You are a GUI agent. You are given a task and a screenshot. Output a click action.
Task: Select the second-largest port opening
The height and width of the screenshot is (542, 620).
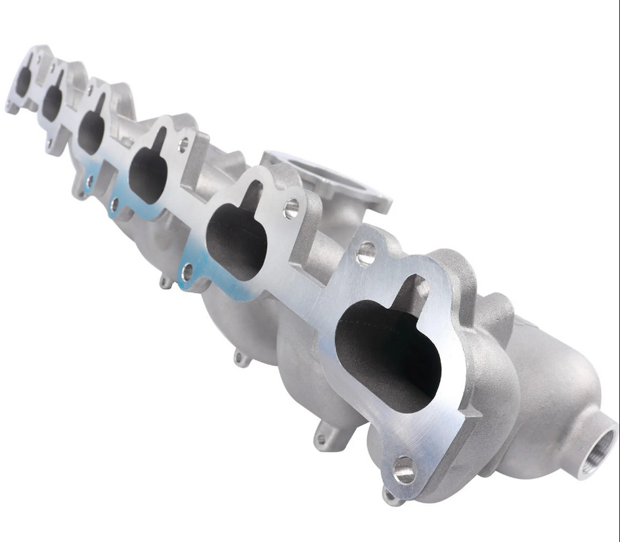[236, 240]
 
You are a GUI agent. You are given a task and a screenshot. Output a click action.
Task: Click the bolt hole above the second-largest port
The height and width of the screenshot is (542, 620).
[291, 209]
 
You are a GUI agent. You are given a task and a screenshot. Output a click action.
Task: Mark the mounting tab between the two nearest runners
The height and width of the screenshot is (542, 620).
[322, 437]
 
